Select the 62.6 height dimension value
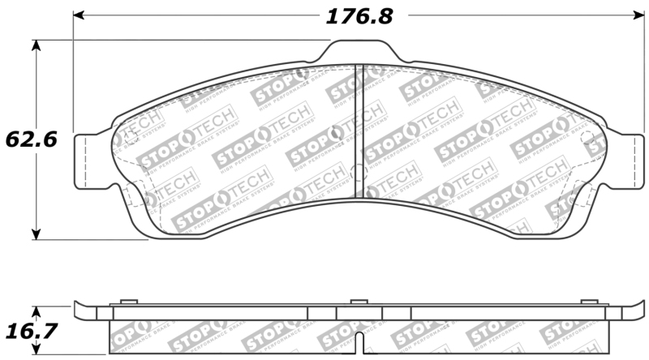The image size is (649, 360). coord(30,139)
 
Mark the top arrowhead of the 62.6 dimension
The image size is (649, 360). coord(36,45)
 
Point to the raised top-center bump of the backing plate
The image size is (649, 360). coord(360,54)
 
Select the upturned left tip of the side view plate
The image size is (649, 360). coord(78,308)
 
